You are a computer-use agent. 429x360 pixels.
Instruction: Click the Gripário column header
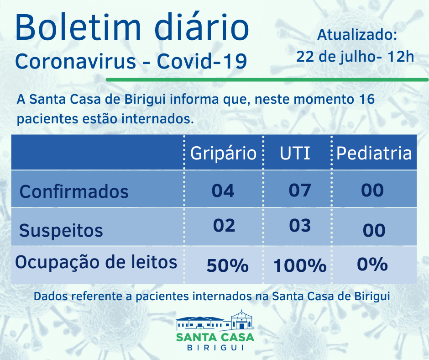pos(223,153)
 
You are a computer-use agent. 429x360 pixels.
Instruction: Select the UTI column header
pos(295,153)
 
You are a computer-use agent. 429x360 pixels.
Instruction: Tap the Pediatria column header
pos(374,153)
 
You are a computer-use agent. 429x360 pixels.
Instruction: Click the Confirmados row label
pos(74,191)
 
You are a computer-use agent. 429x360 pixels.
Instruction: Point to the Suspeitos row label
pos(61,230)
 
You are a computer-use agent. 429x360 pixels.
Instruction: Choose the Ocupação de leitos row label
pos(96,263)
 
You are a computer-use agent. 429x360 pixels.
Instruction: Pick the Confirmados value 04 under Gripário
pos(223,190)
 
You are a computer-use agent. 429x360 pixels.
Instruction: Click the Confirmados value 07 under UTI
pos(300,190)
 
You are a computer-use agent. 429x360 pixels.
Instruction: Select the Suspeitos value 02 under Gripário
pos(224,226)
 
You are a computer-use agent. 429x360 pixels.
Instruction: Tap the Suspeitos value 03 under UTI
pos(300,226)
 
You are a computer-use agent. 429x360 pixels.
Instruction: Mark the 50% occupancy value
pos(227,265)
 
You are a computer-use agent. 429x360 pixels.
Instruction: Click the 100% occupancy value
pos(300,265)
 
